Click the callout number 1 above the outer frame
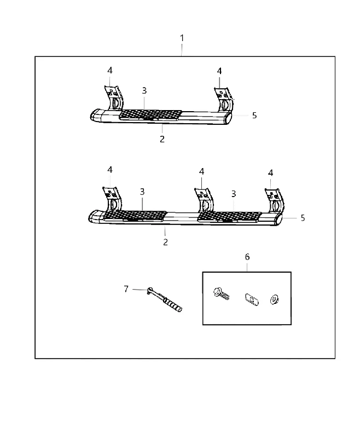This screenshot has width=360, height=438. (x=182, y=38)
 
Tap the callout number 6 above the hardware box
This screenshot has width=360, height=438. (x=247, y=257)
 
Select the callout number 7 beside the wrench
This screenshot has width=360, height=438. (x=126, y=289)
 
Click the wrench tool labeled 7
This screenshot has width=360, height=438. (x=165, y=299)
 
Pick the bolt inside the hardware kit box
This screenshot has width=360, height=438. (x=221, y=293)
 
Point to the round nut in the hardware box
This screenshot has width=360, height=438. (x=275, y=299)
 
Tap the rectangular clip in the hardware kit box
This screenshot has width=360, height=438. (x=252, y=299)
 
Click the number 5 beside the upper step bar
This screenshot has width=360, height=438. (x=254, y=116)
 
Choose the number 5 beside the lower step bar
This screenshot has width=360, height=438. (x=303, y=218)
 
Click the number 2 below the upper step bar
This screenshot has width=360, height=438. (x=162, y=139)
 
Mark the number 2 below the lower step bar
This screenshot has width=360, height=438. (x=165, y=242)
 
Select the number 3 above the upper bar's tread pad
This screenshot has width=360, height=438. (x=144, y=90)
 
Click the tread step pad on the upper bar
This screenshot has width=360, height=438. (x=150, y=114)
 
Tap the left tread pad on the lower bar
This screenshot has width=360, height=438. (x=135, y=216)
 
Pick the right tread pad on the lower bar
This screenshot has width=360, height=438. (x=229, y=217)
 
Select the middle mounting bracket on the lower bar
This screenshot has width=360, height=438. (x=204, y=200)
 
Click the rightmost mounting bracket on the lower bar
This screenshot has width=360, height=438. (x=275, y=201)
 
